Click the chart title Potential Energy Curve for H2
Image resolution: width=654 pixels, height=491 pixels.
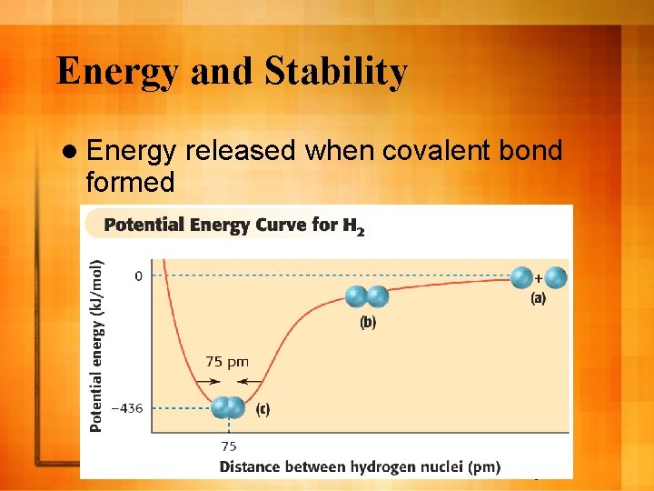pos(234,225)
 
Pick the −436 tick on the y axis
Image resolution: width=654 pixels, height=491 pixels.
pos(126,407)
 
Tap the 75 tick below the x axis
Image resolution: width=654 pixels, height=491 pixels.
pos(229,446)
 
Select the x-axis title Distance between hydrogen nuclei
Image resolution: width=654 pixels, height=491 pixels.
pos(359,466)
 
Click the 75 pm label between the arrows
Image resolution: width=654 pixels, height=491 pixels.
pos(227,361)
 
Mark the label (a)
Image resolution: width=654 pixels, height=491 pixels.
pos(538,297)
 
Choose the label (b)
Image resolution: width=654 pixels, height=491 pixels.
pos(367,321)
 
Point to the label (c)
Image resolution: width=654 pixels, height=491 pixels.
pos(262,409)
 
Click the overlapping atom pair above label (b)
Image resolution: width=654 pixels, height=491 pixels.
pos(366,296)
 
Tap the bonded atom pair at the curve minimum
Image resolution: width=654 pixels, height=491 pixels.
pos(228,407)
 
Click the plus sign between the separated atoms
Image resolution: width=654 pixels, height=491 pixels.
pos(539,276)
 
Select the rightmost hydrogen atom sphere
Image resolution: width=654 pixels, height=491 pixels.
pos(556,277)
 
